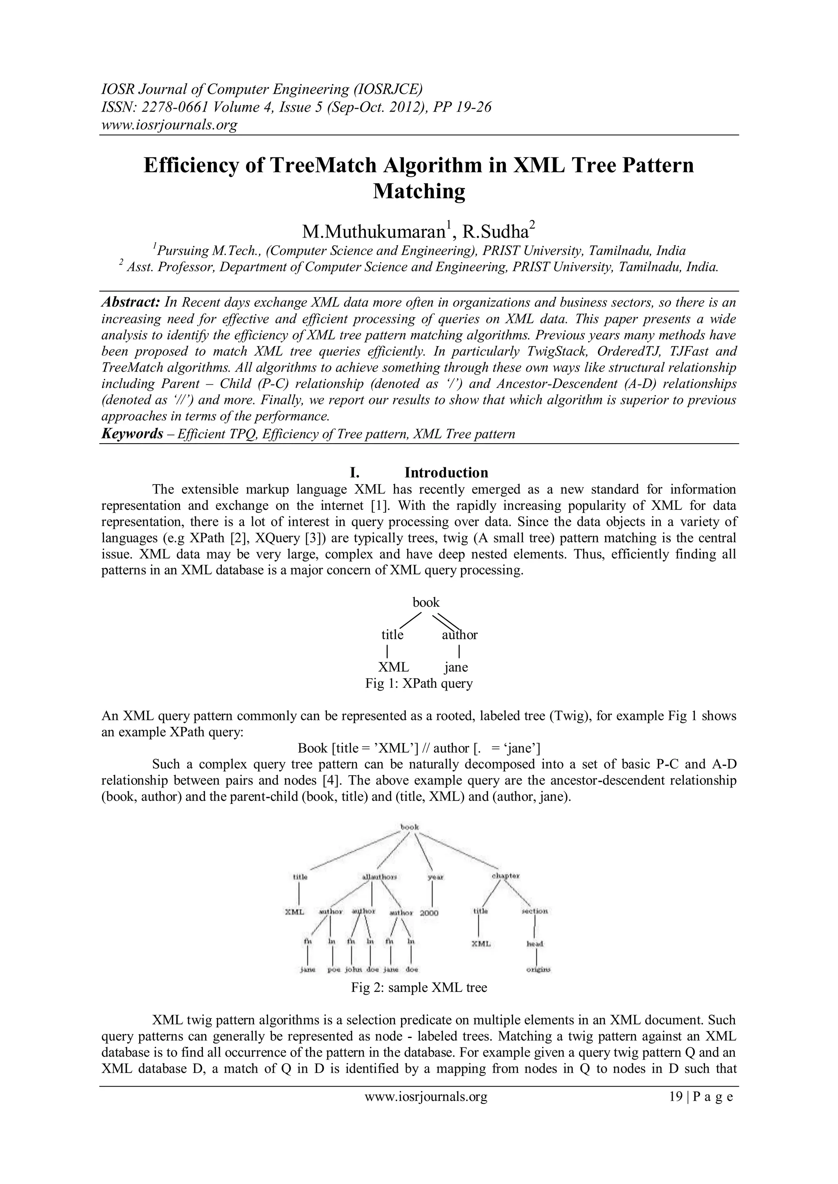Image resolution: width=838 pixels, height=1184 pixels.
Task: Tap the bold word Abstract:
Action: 131,302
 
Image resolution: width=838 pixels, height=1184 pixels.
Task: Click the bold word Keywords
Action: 132,434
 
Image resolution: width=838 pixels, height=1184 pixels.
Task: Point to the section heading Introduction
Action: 446,472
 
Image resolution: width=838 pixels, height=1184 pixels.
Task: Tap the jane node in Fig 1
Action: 456,667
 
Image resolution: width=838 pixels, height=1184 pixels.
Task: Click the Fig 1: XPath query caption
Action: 419,684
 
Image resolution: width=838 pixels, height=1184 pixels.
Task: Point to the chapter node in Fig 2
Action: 506,876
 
